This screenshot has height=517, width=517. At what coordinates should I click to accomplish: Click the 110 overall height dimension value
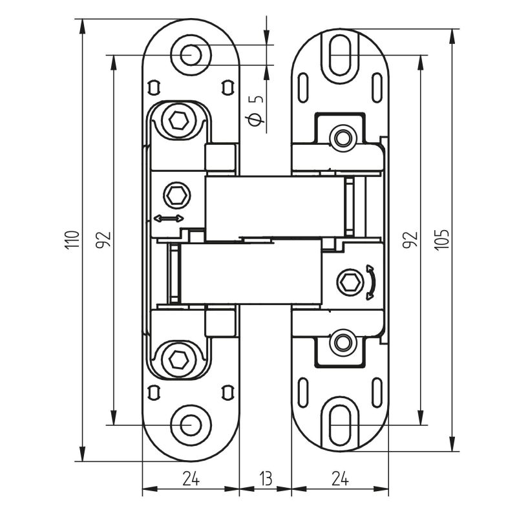tap(74, 239)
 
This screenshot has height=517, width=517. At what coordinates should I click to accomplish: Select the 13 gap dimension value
tap(266, 479)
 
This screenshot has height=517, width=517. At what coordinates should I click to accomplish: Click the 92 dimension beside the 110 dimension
tap(103, 239)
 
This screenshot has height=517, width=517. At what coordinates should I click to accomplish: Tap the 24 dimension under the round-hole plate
tap(190, 479)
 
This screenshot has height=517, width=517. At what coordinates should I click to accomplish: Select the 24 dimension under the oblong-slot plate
tap(341, 479)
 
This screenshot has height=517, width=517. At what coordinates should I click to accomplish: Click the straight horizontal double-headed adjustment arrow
tap(169, 219)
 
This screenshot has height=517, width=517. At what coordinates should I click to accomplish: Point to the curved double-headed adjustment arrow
tap(370, 282)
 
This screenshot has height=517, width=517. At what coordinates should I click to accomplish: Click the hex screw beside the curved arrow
tap(350, 282)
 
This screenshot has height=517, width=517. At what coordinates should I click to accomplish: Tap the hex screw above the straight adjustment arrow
tap(176, 193)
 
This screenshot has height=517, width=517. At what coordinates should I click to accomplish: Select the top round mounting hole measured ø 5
tap(190, 55)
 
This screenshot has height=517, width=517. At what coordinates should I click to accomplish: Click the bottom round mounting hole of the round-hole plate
tap(190, 425)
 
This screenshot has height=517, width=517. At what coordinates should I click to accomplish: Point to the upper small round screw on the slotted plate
tap(342, 137)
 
